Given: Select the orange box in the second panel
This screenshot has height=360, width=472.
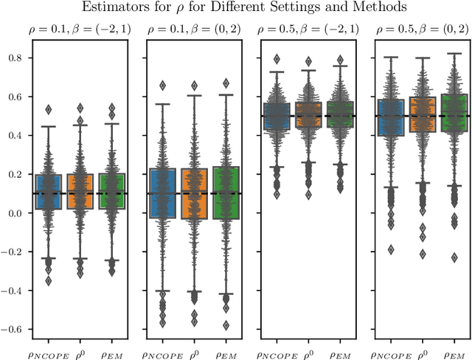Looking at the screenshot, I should click(x=195, y=193).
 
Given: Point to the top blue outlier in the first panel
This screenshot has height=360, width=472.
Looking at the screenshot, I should click(x=49, y=109).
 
